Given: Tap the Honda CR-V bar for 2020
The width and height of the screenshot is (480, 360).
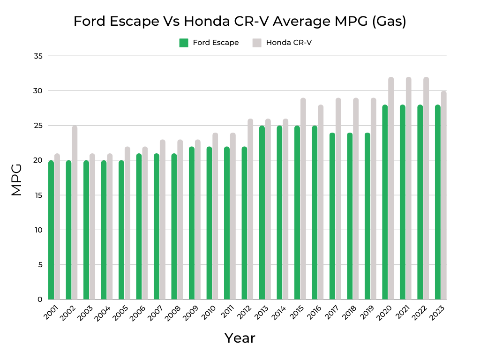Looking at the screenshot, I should [x=391, y=187].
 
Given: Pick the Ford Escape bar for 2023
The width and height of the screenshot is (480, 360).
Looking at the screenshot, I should [x=438, y=202].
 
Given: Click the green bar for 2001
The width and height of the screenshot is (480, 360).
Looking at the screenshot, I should [x=51, y=230].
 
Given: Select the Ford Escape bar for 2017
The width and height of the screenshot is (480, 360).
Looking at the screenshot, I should [x=332, y=216].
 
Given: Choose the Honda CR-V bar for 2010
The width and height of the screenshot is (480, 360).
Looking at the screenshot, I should [x=215, y=216].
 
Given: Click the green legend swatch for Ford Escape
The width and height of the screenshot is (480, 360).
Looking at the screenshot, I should [x=184, y=43].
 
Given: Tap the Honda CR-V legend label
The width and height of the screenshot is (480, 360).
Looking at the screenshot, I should [x=289, y=43].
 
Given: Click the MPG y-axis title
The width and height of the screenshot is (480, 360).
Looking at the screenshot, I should [x=17, y=180].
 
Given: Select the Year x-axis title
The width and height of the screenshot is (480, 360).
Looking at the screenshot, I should [x=240, y=338].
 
